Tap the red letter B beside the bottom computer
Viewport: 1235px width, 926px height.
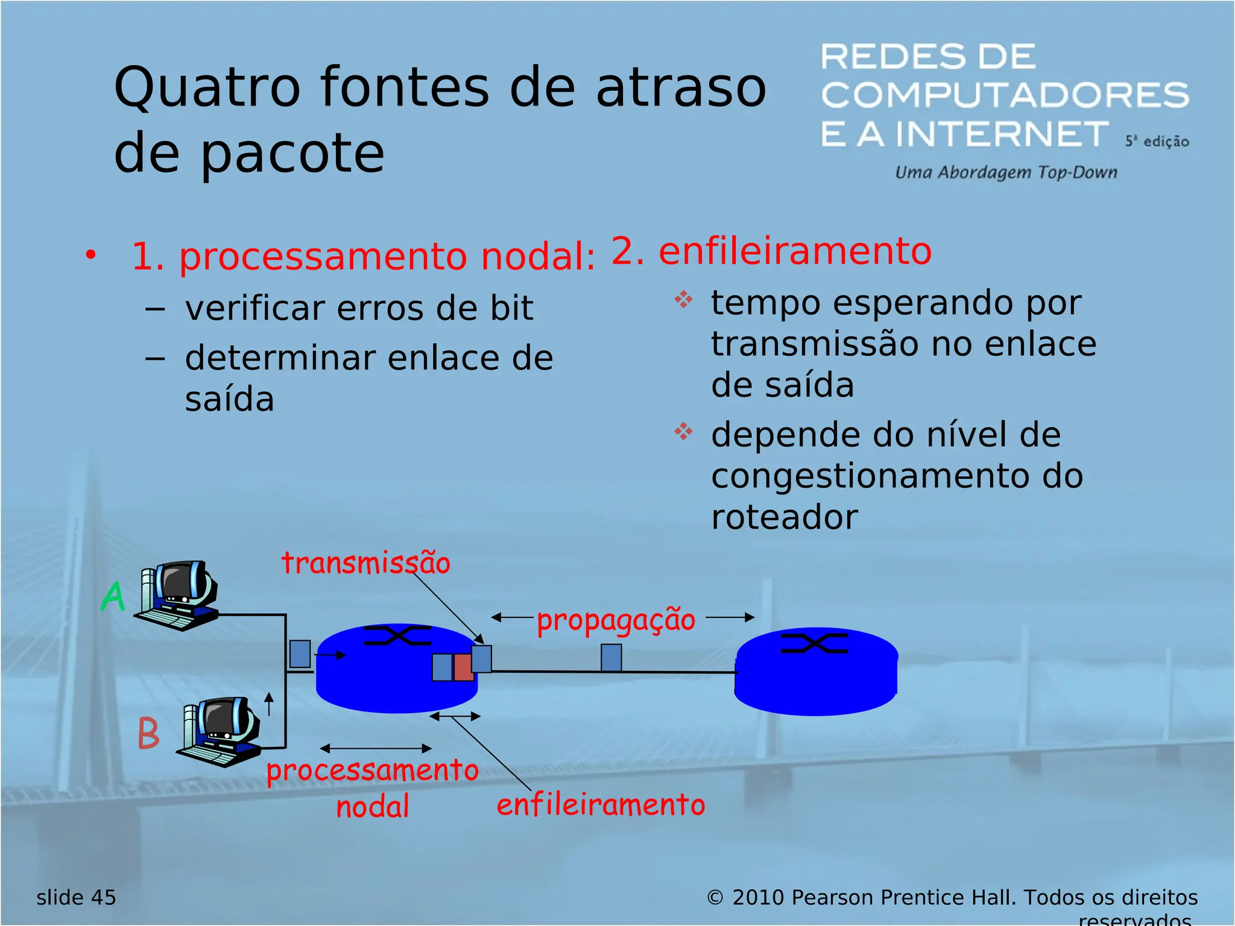click(148, 733)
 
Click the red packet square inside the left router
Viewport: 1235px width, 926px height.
click(463, 667)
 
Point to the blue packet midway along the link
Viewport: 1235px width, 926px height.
click(611, 657)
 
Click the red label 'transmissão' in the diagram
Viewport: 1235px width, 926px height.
click(365, 563)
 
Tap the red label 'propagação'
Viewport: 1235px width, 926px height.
click(616, 620)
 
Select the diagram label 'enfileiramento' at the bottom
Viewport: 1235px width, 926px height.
click(601, 805)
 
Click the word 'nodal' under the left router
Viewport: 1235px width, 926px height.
click(373, 807)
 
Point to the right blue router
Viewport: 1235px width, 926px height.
click(816, 672)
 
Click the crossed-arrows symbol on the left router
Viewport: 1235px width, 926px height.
click(398, 635)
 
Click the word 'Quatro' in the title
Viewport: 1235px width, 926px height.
click(207, 88)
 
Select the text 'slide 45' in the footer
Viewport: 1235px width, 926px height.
click(76, 897)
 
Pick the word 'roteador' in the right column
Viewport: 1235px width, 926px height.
click(784, 517)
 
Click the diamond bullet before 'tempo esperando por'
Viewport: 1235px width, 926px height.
click(683, 299)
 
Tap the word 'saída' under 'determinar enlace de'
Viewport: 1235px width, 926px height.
click(229, 399)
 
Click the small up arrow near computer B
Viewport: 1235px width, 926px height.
click(270, 703)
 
